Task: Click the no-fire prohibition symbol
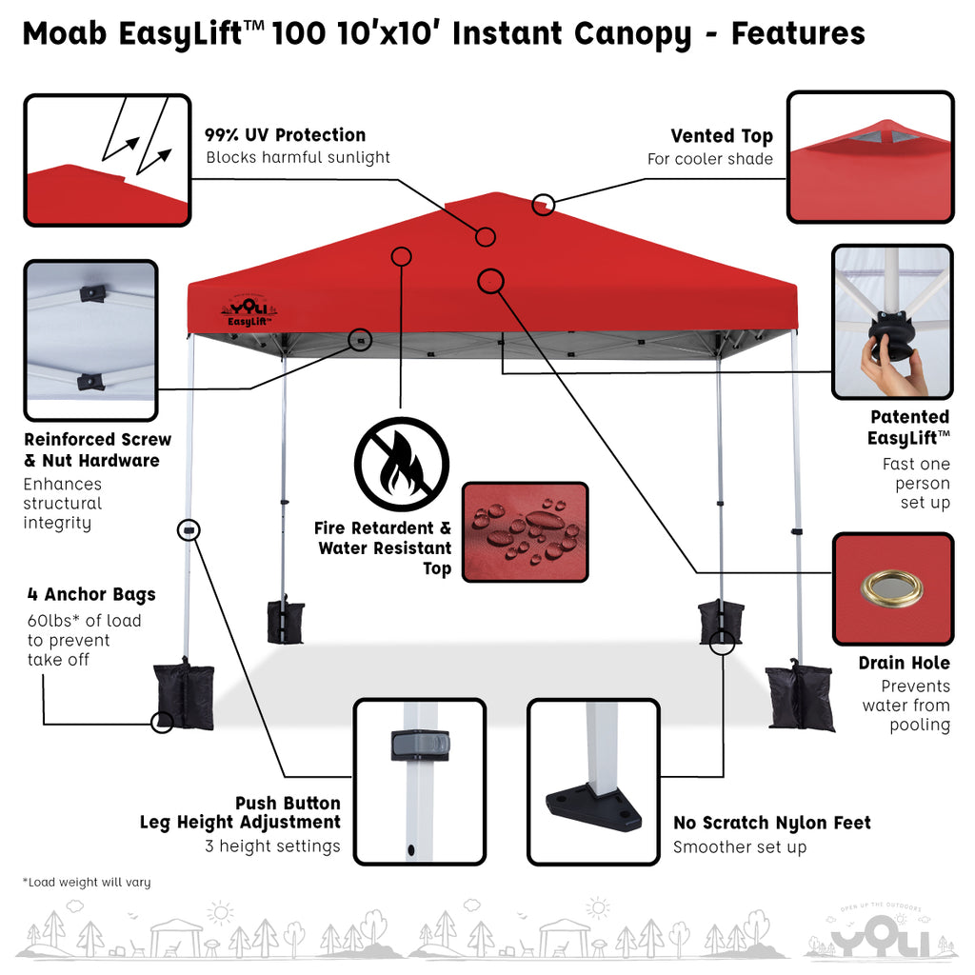[x=402, y=464]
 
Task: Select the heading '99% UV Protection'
[x=286, y=135]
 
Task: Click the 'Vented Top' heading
[x=722, y=135]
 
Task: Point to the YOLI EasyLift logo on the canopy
[x=249, y=311]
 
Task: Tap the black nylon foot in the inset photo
[x=593, y=806]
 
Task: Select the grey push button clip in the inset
[x=420, y=745]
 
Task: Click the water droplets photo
[x=526, y=531]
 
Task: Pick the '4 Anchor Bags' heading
[x=91, y=594]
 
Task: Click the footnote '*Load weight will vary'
[x=87, y=882]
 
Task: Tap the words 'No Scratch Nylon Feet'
[x=771, y=823]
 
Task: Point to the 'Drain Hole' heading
[x=905, y=663]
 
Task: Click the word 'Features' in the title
[x=798, y=33]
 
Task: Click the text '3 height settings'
[x=272, y=846]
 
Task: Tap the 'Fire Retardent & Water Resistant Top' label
[x=383, y=547]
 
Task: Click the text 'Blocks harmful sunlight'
[x=298, y=157]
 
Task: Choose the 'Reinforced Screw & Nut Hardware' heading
[x=98, y=449]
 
